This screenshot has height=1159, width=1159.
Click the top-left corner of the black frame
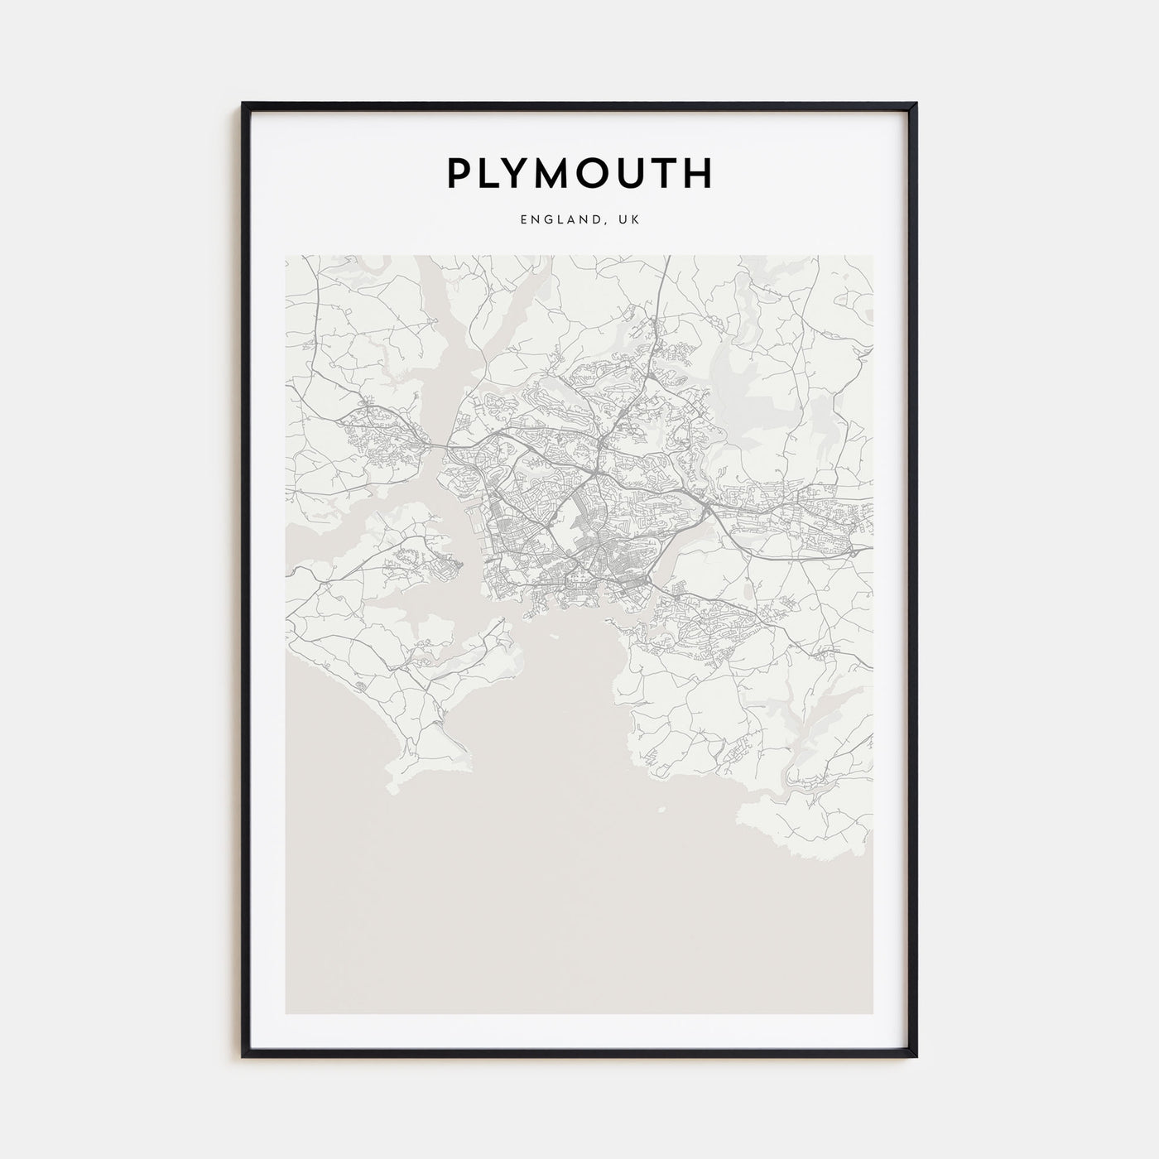point(243,103)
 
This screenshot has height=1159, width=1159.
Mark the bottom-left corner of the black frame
point(243,1057)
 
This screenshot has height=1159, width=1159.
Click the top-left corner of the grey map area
point(286,256)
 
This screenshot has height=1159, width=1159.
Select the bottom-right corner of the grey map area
point(873,1014)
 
